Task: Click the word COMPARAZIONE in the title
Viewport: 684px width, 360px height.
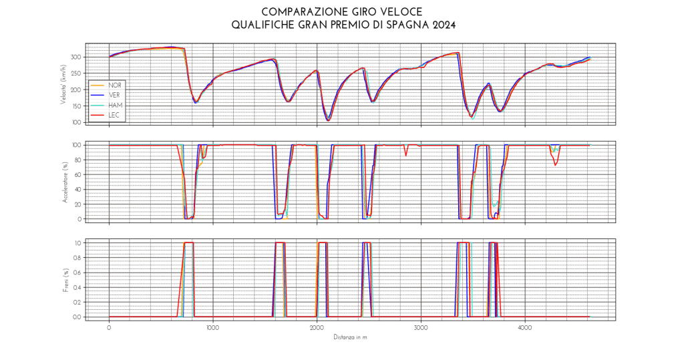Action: [x=295, y=12]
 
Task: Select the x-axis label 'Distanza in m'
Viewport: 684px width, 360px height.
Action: [x=351, y=337]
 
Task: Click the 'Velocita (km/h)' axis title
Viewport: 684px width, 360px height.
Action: [x=63, y=83]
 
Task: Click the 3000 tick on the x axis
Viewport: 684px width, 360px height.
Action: [x=421, y=328]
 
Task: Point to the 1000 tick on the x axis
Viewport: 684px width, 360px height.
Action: [x=213, y=328]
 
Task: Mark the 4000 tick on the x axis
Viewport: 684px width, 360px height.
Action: [x=525, y=328]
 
